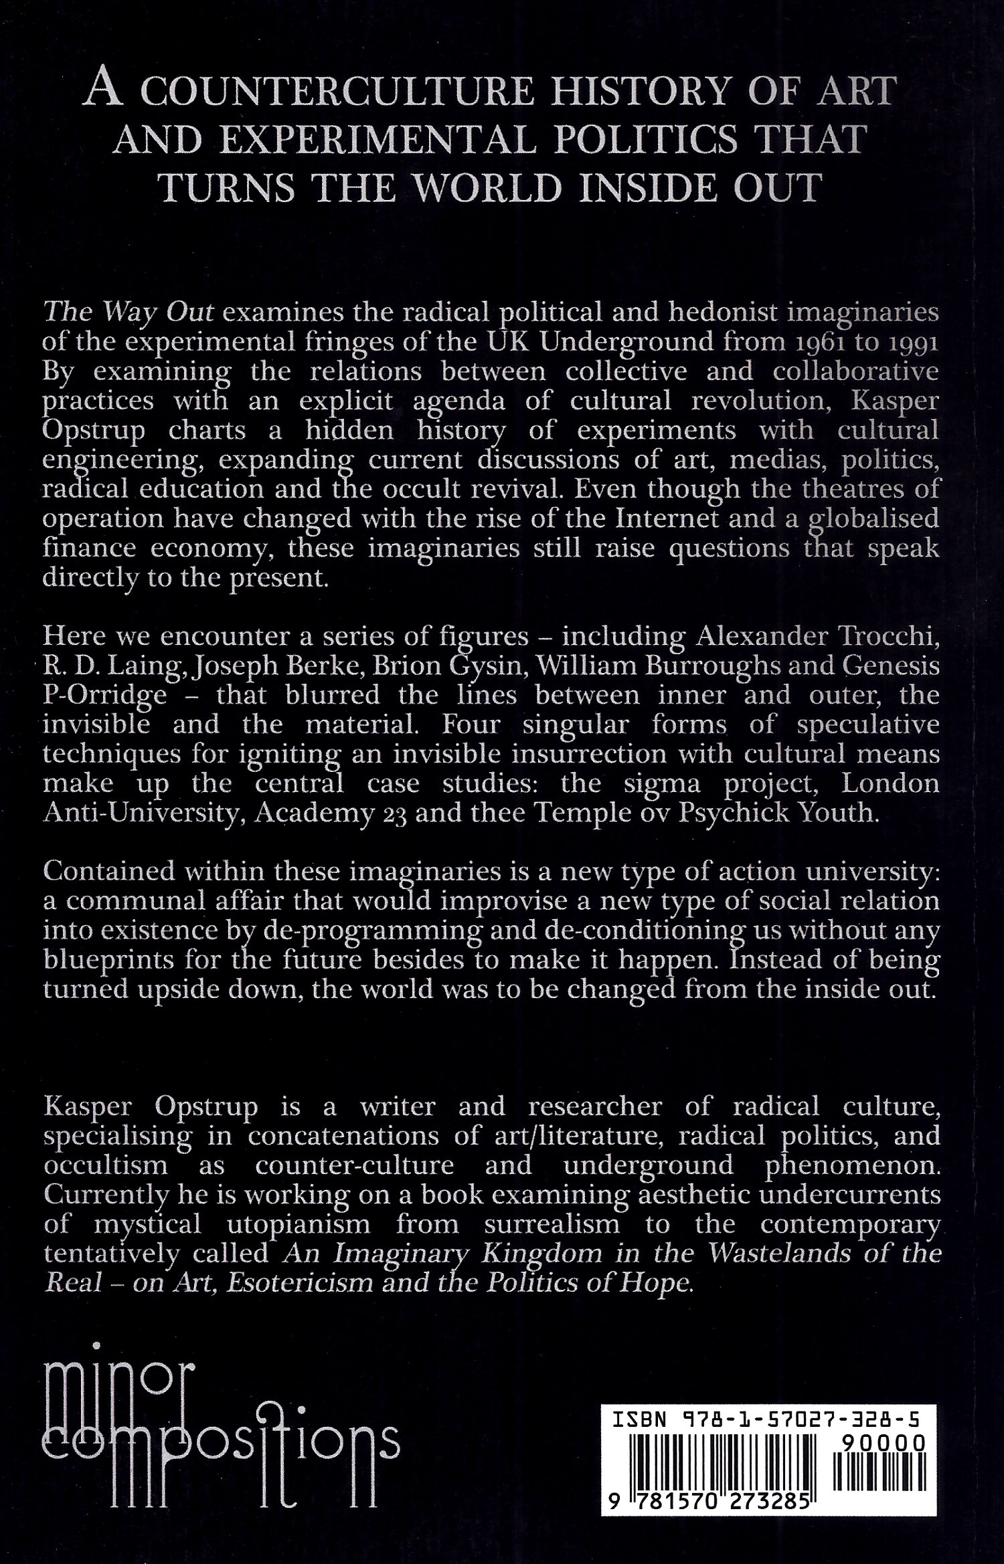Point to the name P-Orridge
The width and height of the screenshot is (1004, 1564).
[x=105, y=696]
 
